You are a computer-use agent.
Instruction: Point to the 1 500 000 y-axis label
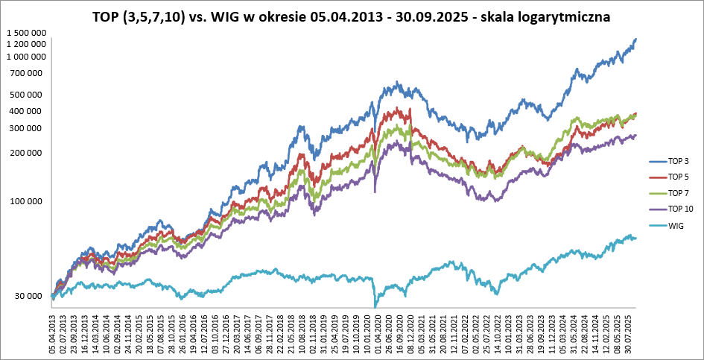tap(26, 33)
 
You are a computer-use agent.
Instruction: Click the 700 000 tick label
tap(29, 73)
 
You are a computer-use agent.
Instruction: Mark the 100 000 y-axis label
tap(29, 201)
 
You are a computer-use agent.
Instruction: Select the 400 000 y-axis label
tap(29, 112)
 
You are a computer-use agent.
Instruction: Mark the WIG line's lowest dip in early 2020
tap(375, 306)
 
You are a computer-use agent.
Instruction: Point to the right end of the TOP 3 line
tap(635, 39)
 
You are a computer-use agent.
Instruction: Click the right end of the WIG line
tap(635, 238)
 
